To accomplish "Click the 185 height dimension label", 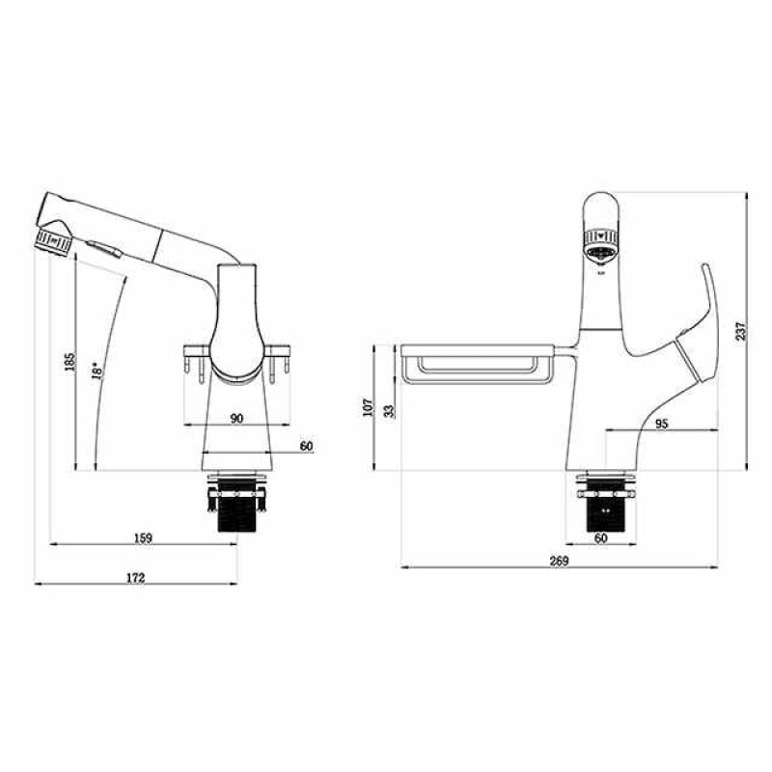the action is click(70, 362).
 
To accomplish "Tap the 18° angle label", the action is click(97, 371).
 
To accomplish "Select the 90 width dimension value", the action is click(236, 418).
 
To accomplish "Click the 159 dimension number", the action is click(143, 538).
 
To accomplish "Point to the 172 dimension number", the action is click(136, 577).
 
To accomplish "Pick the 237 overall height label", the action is click(741, 331).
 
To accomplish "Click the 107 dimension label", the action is click(369, 407).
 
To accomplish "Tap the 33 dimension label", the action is click(390, 411).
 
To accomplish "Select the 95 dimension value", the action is click(662, 424).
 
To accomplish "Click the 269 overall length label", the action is click(559, 561).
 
